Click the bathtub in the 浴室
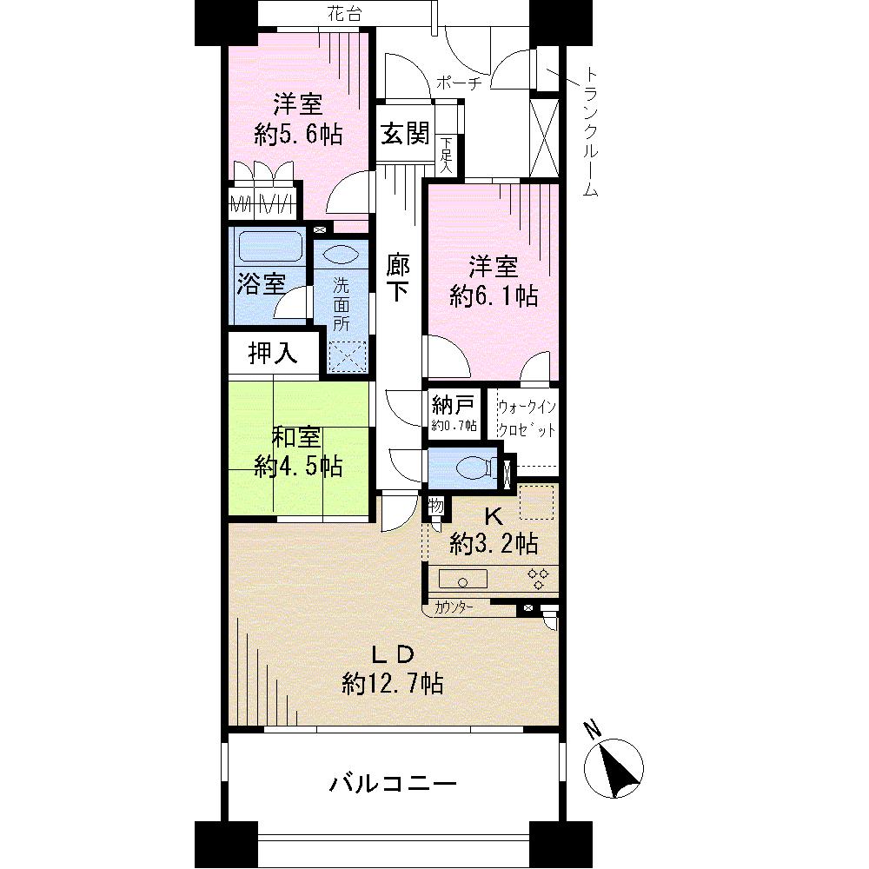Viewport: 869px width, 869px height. [269, 247]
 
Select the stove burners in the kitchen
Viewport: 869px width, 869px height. [538, 579]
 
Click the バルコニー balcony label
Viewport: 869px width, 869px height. [392, 785]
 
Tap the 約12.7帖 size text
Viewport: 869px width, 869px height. [393, 684]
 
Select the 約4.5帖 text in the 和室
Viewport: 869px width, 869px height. [297, 467]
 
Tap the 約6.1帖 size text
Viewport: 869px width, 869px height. [493, 295]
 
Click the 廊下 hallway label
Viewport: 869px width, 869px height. [396, 277]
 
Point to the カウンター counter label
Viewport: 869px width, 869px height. [454, 608]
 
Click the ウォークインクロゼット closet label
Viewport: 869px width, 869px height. [527, 417]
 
